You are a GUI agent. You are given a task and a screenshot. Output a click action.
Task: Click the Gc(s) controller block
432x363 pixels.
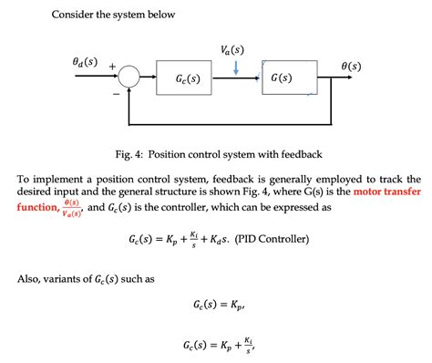tap(188, 78)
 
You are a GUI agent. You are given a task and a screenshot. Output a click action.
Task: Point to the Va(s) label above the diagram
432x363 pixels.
tap(232, 49)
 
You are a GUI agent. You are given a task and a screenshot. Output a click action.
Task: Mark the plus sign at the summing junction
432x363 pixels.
tap(112, 67)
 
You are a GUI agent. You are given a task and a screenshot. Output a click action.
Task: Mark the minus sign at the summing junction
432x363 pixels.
tap(116, 92)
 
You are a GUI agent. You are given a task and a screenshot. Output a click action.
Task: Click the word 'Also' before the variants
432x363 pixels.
tap(30, 278)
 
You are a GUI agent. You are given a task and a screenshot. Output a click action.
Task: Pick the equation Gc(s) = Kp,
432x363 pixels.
tap(216, 304)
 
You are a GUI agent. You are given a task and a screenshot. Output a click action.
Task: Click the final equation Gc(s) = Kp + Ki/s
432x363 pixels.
tap(216, 347)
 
